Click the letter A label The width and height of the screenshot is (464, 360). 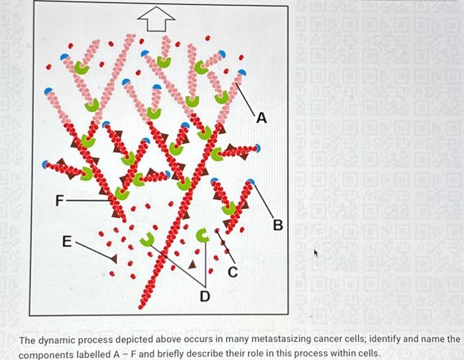[262, 119]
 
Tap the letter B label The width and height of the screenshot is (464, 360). [278, 226]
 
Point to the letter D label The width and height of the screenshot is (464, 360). [205, 296]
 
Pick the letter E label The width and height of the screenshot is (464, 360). [67, 243]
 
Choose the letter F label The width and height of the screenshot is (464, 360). [60, 199]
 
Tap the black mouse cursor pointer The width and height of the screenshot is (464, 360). [316, 253]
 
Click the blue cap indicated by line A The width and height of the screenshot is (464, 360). [241, 73]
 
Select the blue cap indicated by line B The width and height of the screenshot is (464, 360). [250, 180]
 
